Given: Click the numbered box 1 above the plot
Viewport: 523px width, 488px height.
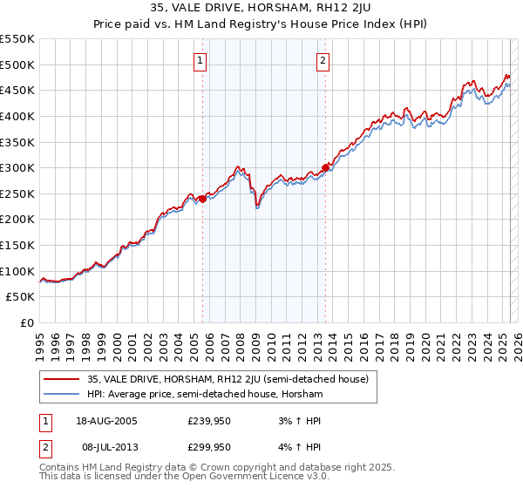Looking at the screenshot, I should pos(201,61).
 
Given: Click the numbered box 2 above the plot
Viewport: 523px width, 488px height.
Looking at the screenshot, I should pos(323,61).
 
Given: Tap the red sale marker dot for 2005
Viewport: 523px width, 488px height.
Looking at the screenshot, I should pos(202,199).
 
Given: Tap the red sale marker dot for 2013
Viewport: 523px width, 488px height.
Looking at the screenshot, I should pos(325,167).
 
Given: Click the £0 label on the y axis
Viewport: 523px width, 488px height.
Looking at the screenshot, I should pos(27,323).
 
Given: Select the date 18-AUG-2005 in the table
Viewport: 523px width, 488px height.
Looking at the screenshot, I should pos(107,420).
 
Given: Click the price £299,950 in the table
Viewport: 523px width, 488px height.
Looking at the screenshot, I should pos(208,448).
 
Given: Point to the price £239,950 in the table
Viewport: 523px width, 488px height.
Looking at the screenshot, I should pos(208,420).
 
